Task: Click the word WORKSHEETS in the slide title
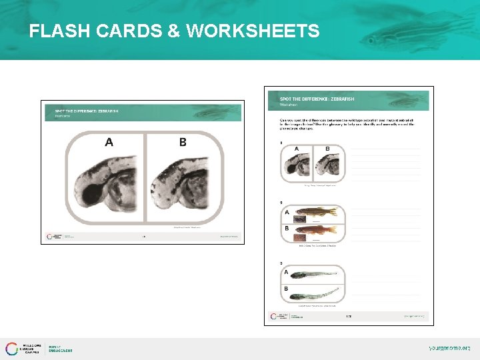[x=253, y=31]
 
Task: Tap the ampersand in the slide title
[x=175, y=31]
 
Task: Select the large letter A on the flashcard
[x=109, y=142]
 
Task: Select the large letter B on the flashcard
[x=183, y=142]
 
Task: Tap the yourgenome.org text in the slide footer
[x=449, y=348]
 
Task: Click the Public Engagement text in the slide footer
[x=60, y=349]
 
